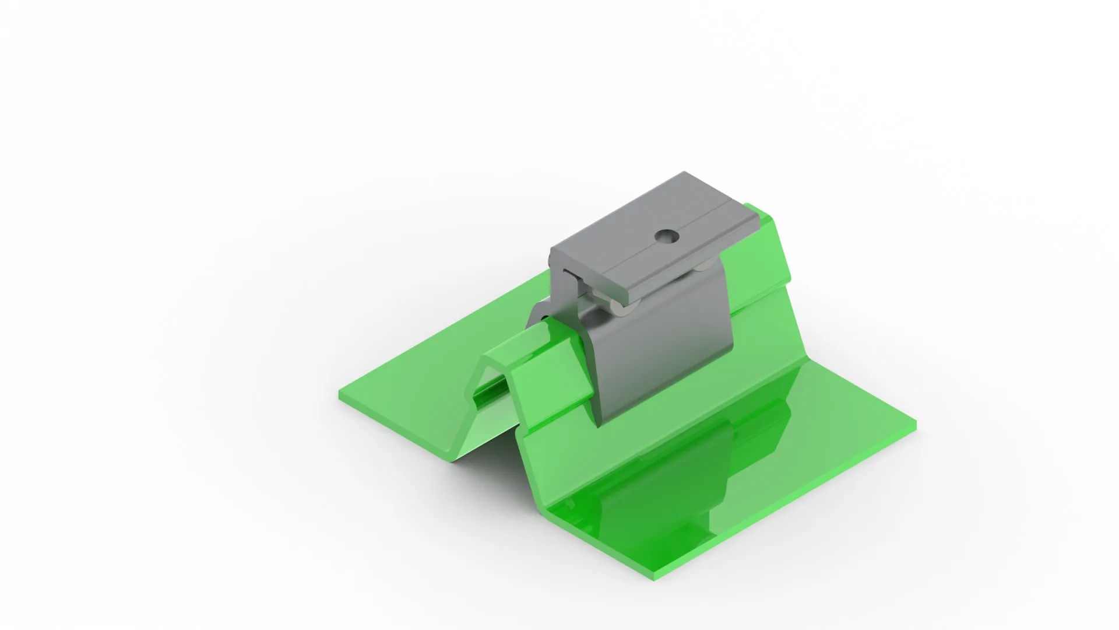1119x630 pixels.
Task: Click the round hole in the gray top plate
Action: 667,236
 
